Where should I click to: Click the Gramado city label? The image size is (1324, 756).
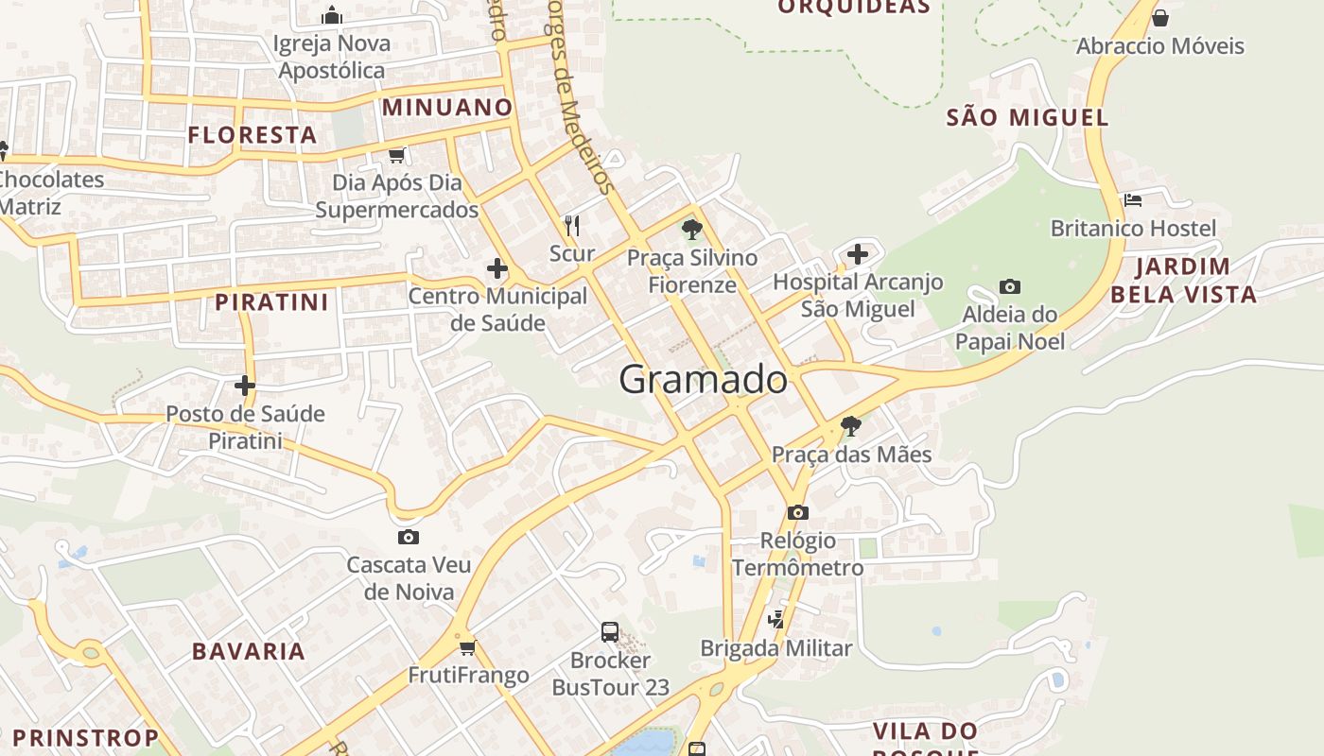point(703,380)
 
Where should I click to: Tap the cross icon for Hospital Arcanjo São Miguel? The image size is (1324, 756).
point(857,254)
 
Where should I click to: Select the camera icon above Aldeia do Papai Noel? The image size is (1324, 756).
point(1009,286)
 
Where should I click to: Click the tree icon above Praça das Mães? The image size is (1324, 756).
point(850,426)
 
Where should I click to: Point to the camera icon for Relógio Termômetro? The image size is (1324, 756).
point(797,512)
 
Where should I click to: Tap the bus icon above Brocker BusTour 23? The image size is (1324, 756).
point(610,631)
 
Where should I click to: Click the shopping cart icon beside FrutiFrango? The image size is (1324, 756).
point(467,647)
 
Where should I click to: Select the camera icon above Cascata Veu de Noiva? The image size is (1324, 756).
point(409,537)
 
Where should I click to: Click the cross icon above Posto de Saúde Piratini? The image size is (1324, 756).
point(245,386)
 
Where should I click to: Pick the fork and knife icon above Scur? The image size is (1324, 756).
point(571,225)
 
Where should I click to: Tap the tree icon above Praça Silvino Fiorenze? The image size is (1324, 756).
point(691,229)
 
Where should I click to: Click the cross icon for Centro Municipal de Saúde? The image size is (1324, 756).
point(497,268)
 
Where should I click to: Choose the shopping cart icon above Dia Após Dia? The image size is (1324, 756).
point(397,154)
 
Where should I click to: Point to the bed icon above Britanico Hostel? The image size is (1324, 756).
point(1133,199)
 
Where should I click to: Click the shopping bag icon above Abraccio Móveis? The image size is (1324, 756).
point(1160,18)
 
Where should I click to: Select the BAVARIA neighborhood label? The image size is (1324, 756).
point(249,651)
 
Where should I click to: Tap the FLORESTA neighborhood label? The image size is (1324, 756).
point(252,135)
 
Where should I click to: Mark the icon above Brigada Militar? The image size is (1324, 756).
point(776,620)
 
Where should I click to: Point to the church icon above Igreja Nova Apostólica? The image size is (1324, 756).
point(331,16)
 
